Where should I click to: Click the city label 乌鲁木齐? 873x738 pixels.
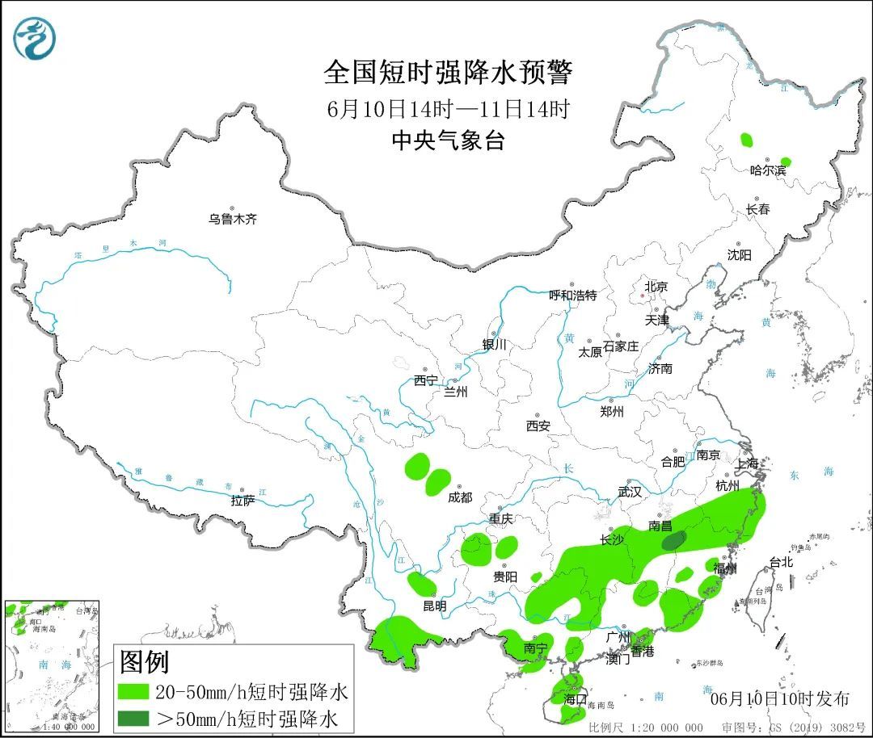[x=233, y=219]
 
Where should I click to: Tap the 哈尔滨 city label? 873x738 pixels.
[x=767, y=170]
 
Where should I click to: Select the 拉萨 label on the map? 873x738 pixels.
[x=242, y=501]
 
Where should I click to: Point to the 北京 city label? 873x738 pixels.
[x=656, y=287]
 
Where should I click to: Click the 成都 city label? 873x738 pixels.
[x=459, y=498]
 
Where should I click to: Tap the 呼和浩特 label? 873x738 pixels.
[x=572, y=296]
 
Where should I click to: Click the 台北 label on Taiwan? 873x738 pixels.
[x=781, y=562]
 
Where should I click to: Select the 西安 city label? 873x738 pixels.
[x=538, y=426]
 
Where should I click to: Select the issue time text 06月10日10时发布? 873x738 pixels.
[x=779, y=698]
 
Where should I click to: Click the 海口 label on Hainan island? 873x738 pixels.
[x=575, y=699]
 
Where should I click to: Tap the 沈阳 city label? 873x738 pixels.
[x=739, y=255]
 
